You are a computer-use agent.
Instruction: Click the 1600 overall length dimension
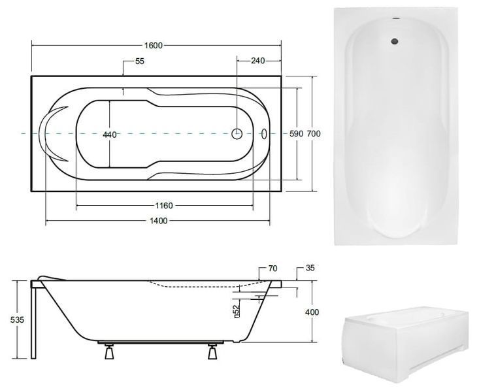(x=154, y=46)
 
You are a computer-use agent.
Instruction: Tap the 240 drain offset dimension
(x=257, y=61)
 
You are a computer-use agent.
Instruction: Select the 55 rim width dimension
(x=139, y=61)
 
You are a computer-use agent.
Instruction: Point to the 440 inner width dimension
(x=110, y=135)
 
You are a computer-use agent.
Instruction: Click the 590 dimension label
(x=296, y=133)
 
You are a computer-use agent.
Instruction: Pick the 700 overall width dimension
(x=314, y=133)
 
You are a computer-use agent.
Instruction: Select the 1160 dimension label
(x=164, y=206)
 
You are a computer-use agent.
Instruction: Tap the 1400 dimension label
(x=158, y=221)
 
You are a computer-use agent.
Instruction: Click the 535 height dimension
(x=17, y=320)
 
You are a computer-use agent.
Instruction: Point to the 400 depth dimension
(x=312, y=312)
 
